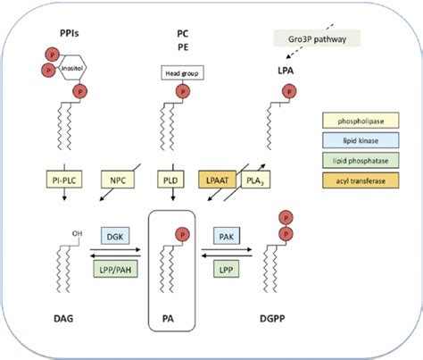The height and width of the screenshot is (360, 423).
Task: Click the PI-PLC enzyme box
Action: [x=64, y=179]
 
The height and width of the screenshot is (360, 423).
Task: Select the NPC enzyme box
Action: [x=118, y=180]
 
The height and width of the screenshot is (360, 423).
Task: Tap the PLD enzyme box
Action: [x=170, y=179]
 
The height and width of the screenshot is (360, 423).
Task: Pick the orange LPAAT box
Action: [x=217, y=180]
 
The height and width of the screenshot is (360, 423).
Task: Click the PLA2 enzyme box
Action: [x=255, y=180]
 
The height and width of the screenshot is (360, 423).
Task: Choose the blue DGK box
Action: [x=115, y=236]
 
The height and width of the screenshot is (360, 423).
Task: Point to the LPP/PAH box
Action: [x=115, y=269]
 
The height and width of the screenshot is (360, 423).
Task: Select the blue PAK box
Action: [x=227, y=236]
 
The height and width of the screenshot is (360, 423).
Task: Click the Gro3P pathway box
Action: [x=317, y=38]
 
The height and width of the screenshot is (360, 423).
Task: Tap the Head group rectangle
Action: [x=182, y=72]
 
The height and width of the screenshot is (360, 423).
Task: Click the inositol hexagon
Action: [x=73, y=68]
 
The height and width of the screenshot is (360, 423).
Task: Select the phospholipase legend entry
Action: [x=361, y=121]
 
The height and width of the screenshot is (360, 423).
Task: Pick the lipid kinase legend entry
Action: [x=361, y=140]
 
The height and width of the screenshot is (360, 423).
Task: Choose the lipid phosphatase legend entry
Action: [x=361, y=160]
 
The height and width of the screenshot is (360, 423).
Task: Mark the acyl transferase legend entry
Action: [x=361, y=180]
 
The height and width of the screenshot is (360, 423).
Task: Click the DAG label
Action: [x=63, y=318]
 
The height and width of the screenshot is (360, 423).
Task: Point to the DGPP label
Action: [x=272, y=318]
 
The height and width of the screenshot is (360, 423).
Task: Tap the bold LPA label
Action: [x=286, y=71]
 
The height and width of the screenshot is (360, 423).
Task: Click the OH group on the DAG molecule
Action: [x=77, y=233]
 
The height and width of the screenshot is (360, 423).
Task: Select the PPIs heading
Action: [x=70, y=33]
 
